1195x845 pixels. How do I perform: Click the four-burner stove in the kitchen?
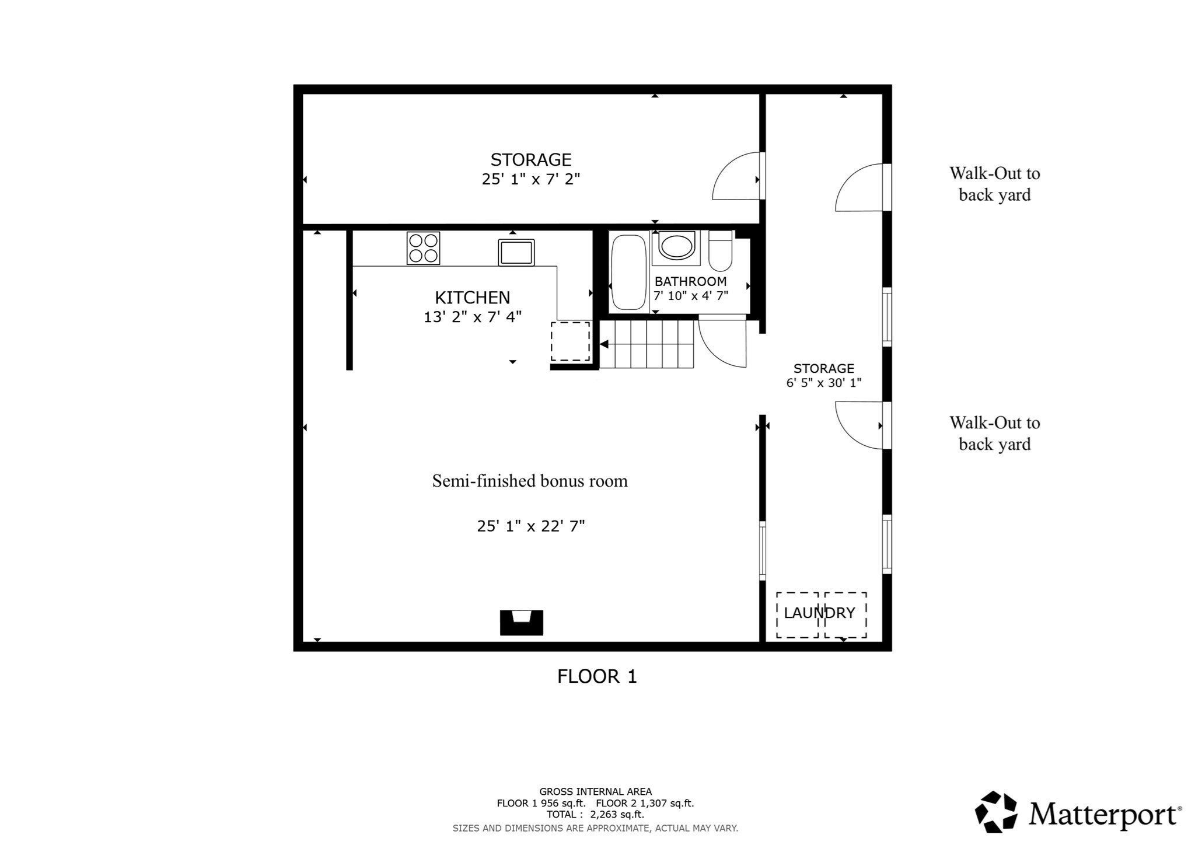click(423, 248)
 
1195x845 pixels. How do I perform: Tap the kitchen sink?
click(516, 252)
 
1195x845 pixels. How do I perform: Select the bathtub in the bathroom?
click(628, 273)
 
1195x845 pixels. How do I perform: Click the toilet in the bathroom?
click(721, 251)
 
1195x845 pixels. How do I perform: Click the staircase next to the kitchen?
click(647, 345)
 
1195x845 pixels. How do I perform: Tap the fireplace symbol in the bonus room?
click(522, 623)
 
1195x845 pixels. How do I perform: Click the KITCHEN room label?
click(472, 298)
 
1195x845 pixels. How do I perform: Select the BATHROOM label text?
click(690, 281)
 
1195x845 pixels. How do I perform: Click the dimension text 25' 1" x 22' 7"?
click(531, 526)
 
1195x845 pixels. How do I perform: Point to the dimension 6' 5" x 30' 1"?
click(824, 383)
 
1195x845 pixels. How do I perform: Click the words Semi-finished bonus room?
click(530, 481)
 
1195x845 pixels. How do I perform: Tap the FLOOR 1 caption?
click(597, 676)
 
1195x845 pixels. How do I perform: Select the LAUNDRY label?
click(819, 613)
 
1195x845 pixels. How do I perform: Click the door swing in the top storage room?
click(736, 176)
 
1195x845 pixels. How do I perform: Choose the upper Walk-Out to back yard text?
click(995, 184)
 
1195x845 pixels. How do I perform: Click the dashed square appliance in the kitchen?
click(571, 341)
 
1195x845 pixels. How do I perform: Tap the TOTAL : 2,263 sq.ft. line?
click(595, 815)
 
